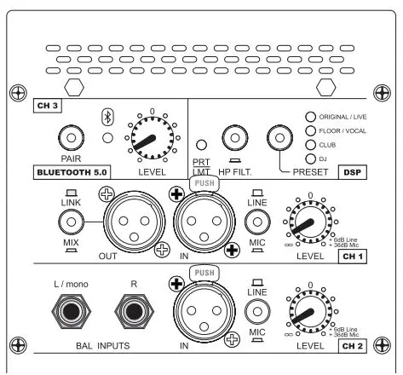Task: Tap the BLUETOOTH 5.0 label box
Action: pyautogui.click(x=70, y=170)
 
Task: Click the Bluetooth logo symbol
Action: pyautogui.click(x=107, y=117)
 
